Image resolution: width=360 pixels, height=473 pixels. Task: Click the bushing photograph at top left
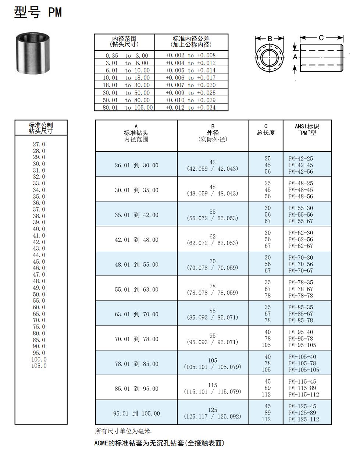[x=33, y=53]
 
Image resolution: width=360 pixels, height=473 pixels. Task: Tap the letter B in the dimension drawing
[x=270, y=39]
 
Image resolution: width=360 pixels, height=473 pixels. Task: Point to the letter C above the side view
[x=321, y=38]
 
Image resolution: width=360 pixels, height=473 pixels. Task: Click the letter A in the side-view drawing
[x=295, y=57]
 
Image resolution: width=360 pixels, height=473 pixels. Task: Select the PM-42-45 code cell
[x=300, y=165]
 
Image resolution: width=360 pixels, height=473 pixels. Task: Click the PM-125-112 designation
[x=303, y=419]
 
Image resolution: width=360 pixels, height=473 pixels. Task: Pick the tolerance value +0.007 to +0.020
[x=190, y=85]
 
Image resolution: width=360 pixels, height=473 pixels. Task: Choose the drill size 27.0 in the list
[x=39, y=144]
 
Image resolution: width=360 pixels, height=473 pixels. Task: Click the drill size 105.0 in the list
[x=39, y=366]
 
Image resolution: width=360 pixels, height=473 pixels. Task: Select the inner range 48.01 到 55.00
[x=136, y=264]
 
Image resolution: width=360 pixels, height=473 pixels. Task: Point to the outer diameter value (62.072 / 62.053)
[x=213, y=243]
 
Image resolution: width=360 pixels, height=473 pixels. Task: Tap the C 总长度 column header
[x=266, y=129]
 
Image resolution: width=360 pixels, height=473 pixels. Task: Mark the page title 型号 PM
[x=38, y=13]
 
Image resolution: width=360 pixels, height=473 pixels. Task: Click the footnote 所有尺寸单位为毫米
[x=124, y=431]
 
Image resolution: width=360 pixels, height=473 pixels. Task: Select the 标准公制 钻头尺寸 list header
[x=41, y=128]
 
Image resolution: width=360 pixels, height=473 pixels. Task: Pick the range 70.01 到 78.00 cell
[x=136, y=339]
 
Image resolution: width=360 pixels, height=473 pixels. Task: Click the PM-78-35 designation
[x=300, y=282]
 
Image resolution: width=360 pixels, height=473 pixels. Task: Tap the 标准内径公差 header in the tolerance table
[x=191, y=42]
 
